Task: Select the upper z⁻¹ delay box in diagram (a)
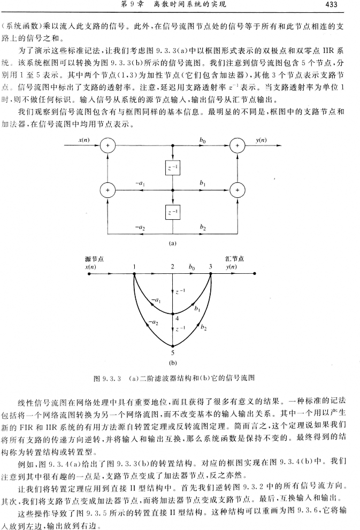[x=173, y=167]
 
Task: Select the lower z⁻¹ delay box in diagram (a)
[x=173, y=213]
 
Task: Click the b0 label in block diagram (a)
[x=203, y=140]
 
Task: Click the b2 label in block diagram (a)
[x=203, y=227]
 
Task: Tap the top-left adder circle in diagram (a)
[x=108, y=145]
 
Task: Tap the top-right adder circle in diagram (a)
[x=237, y=145]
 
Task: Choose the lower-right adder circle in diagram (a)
[x=237, y=190]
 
